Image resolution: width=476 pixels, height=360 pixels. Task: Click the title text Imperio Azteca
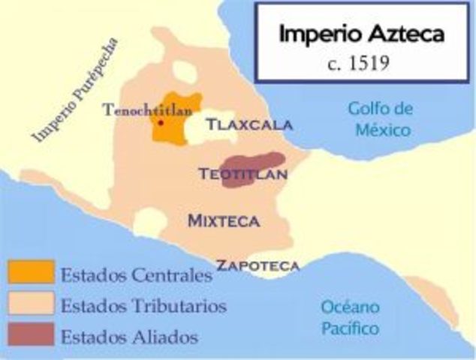coord(361,34)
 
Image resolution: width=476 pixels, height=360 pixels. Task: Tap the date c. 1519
coord(359,61)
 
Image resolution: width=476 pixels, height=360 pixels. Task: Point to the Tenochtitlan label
coord(148,109)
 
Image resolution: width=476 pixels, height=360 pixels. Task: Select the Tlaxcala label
coord(249,124)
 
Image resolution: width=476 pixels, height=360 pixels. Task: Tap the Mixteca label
coord(224,220)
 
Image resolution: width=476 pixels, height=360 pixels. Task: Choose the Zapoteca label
coord(258,265)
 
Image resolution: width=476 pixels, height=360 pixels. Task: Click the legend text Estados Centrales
coord(136,274)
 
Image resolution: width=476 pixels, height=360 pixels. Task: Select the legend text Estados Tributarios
coord(143,305)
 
